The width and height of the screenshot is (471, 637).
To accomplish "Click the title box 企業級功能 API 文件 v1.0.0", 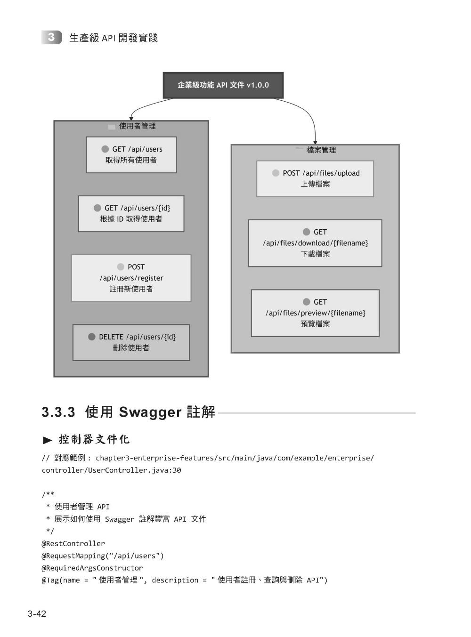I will click(x=223, y=85).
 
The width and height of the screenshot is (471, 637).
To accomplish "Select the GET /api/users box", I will click(x=131, y=155).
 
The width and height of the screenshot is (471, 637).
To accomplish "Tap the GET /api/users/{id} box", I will click(x=131, y=214).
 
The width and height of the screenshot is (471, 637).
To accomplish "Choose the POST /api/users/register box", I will click(x=131, y=278).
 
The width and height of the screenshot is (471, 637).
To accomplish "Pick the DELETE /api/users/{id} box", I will click(x=131, y=342).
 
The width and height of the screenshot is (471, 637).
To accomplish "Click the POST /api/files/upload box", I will click(x=315, y=178).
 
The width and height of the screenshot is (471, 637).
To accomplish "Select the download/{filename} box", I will click(x=315, y=243).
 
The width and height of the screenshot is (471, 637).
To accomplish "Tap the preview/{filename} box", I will click(x=315, y=313).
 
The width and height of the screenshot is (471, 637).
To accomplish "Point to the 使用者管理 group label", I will click(x=137, y=126).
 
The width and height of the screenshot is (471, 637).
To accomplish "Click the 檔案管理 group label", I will click(x=321, y=150).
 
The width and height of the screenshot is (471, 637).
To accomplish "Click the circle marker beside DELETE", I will click(x=92, y=337).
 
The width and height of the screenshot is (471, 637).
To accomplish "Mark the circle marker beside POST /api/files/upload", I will click(x=276, y=173).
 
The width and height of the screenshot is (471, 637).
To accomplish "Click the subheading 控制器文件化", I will click(x=94, y=440).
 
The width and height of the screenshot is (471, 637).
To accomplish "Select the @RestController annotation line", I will click(x=73, y=544).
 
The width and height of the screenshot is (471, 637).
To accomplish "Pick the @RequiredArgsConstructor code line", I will click(x=92, y=568).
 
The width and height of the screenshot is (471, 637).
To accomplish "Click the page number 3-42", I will click(x=37, y=614).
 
